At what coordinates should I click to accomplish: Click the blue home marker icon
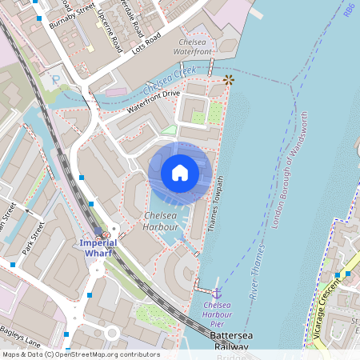(179, 172)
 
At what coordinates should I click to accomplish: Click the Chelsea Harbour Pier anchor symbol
(216, 293)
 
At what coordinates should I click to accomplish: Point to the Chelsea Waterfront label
(193, 46)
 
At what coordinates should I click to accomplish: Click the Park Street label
(33, 240)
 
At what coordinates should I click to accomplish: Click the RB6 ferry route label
(349, 9)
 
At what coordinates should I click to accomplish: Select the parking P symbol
(54, 79)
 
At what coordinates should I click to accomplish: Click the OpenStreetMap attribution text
(80, 354)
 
